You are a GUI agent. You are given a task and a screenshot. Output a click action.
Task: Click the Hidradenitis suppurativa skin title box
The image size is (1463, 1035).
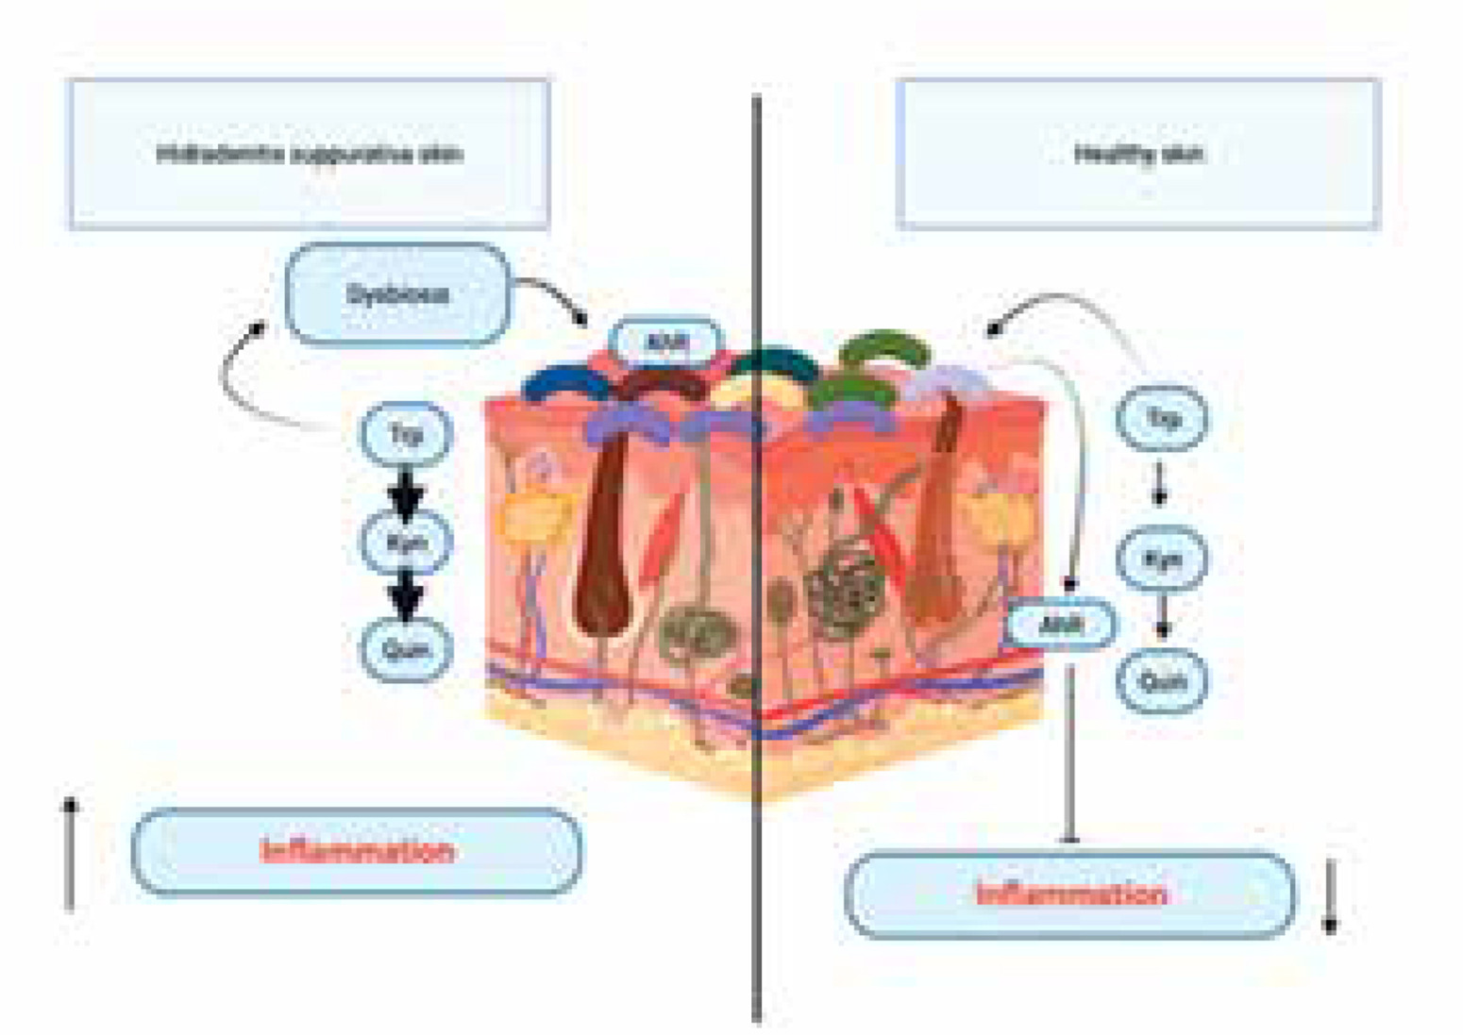pos(309,153)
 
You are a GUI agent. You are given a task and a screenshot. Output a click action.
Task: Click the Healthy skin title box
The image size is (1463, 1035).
pos(1138,153)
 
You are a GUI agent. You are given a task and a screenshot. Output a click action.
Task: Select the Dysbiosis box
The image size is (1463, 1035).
pos(397,294)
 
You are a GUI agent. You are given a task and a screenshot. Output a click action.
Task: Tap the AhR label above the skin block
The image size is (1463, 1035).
pos(666,342)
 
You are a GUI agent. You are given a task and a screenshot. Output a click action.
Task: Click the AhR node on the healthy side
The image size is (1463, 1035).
pos(1061,624)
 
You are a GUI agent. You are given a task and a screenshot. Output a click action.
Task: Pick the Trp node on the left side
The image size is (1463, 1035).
pos(406,435)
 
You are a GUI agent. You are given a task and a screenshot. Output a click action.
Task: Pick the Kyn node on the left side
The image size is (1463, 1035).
pos(406,543)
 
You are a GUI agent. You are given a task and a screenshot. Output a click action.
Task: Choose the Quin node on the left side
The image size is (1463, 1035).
pos(406,649)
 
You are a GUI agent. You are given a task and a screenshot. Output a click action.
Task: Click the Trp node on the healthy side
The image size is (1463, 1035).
pos(1162,417)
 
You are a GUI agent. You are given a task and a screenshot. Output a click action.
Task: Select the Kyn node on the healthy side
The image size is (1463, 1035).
pos(1162,559)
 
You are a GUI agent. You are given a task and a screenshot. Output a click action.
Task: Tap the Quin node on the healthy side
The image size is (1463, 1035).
pos(1162,680)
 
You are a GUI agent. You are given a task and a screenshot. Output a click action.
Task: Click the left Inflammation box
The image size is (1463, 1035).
pos(357,851)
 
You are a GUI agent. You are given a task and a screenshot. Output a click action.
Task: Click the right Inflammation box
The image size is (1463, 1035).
pos(1069,893)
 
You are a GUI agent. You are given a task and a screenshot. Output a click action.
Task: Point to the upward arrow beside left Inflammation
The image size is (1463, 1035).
pos(70,854)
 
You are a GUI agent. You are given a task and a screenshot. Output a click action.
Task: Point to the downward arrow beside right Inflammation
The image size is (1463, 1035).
pos(1331,896)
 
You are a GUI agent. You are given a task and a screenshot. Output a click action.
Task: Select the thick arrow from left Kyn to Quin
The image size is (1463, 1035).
pos(406,596)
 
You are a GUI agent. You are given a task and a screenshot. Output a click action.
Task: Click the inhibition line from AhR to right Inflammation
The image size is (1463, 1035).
pos(1069,755)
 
